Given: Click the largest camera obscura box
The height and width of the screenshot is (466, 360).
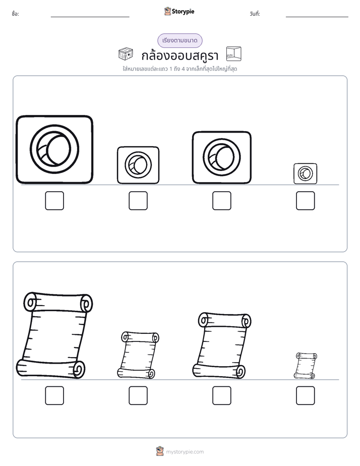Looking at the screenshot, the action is tap(54, 149).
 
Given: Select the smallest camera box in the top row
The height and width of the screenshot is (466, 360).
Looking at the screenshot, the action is tap(306, 173).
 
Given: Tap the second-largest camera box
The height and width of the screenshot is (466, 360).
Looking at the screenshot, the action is tap(221, 157).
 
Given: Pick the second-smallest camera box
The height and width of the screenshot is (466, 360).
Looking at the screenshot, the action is tap(138, 165).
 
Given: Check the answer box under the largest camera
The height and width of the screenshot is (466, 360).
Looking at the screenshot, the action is tap(54, 201).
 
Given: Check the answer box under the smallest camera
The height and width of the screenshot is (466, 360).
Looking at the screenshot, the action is tap(306, 201).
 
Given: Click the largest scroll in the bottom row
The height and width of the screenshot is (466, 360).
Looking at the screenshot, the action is tap(54, 335).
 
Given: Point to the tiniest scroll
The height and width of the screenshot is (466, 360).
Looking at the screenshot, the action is tap(306, 366).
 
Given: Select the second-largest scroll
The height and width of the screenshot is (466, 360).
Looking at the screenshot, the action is tap(221, 345).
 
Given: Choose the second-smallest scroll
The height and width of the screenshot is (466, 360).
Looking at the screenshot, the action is tap(138, 355).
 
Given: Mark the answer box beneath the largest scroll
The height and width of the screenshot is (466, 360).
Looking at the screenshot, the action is tap(54, 395).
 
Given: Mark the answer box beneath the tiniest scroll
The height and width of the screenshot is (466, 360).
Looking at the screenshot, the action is tap(306, 395).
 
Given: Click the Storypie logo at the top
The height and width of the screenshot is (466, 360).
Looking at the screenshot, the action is tap(179, 11).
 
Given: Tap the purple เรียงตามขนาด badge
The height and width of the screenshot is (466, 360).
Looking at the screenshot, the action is tap(179, 40).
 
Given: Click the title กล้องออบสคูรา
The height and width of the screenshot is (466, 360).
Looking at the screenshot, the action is tap(179, 55).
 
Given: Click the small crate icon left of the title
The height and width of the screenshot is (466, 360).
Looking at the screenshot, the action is tap(126, 54).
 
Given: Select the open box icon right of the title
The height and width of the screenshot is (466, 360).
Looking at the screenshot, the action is tap(234, 54).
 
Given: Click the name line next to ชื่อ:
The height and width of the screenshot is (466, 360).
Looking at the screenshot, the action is tap(90, 17).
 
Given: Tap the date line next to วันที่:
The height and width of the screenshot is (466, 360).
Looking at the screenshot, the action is tap(317, 17).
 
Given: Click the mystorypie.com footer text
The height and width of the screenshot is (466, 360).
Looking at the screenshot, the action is tap(185, 452).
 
